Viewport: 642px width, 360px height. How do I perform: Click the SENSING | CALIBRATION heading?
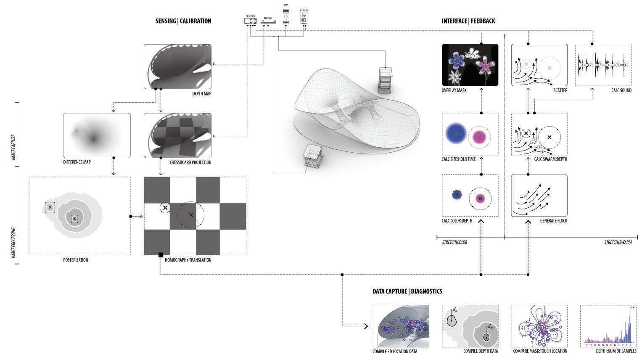click(x=183, y=21)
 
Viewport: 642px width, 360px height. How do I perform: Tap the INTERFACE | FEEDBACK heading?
click(x=468, y=21)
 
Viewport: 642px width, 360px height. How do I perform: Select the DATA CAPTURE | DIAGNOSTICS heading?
click(x=407, y=291)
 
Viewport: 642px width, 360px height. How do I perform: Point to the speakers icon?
click(x=304, y=18)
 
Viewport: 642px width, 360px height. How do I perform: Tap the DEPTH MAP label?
click(x=201, y=93)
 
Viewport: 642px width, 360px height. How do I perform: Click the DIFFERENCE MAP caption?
click(x=77, y=162)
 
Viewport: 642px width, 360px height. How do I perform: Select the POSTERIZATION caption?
click(x=76, y=260)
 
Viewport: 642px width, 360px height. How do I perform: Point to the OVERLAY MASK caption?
click(x=454, y=90)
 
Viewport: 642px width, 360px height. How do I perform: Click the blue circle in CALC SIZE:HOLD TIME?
click(x=454, y=133)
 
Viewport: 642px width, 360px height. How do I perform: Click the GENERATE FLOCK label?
click(x=553, y=220)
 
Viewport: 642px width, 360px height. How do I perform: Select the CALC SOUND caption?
click(x=621, y=90)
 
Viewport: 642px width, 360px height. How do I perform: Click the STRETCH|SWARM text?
click(x=618, y=242)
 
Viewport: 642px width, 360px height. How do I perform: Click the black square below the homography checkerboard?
click(x=161, y=255)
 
